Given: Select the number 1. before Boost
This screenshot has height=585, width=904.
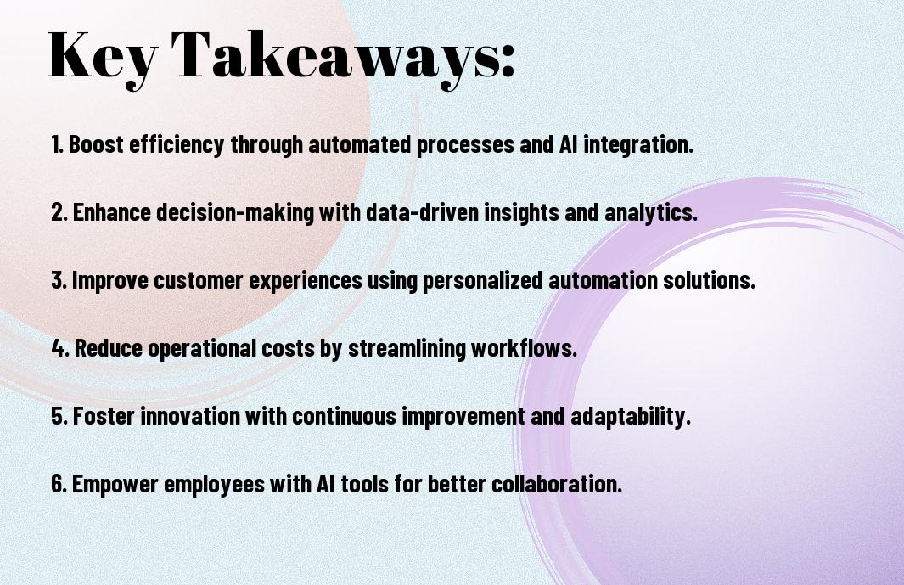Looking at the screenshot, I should point(57,144).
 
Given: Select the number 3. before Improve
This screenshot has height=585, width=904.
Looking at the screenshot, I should point(59,280).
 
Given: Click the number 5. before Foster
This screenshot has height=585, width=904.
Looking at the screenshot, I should point(59,417).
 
